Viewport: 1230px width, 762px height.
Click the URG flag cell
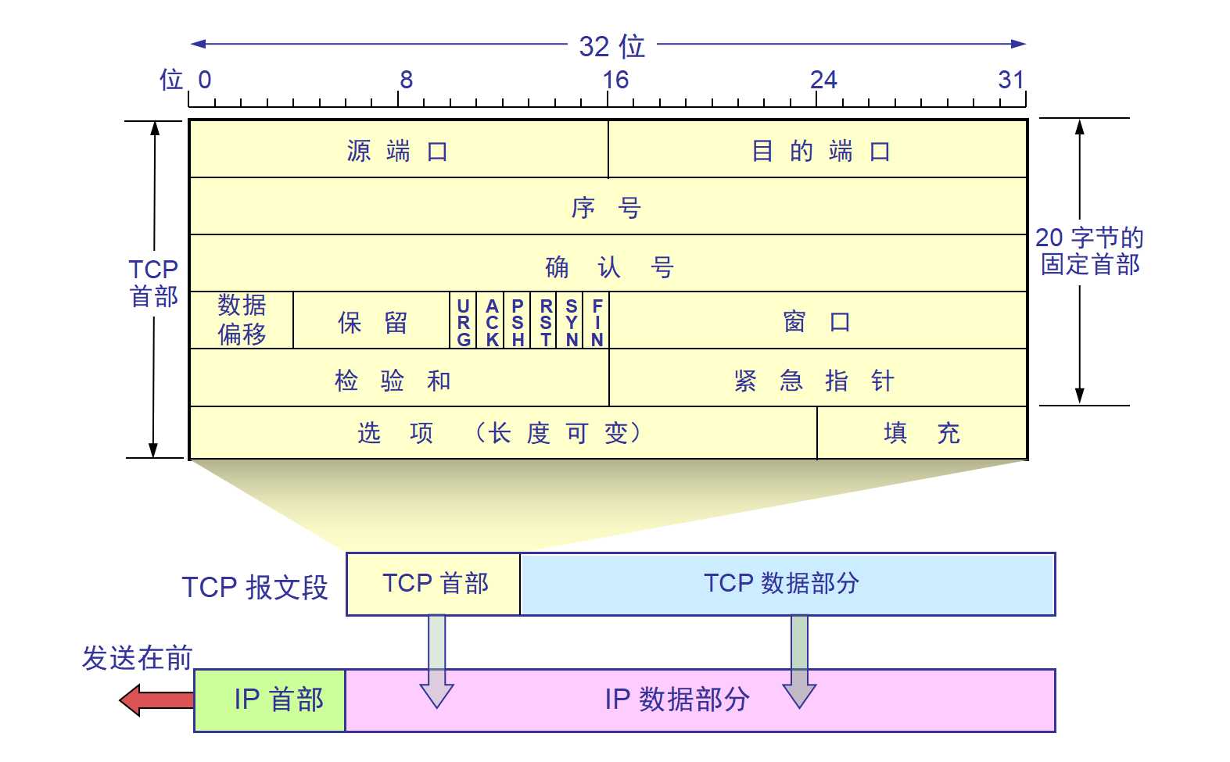click(464, 321)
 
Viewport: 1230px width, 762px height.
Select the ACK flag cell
click(492, 321)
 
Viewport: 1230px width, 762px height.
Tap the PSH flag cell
click(518, 321)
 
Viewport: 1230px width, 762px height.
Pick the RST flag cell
click(545, 321)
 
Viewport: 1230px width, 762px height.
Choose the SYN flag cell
click(572, 321)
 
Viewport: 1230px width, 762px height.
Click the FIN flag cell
click(597, 321)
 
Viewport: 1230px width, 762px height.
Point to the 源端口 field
click(398, 150)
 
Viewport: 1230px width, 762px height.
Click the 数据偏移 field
click(242, 320)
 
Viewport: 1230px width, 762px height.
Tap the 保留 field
click(372, 321)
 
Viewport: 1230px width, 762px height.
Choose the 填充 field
click(921, 432)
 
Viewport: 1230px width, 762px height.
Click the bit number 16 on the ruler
click(615, 80)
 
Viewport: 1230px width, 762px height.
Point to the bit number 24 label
click(823, 80)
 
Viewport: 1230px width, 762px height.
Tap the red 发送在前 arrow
click(156, 699)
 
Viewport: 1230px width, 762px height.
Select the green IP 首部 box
click(270, 700)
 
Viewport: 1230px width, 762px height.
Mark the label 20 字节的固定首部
click(1089, 250)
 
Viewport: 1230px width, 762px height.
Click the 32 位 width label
click(611, 46)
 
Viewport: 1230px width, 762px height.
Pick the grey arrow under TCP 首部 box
click(436, 661)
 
